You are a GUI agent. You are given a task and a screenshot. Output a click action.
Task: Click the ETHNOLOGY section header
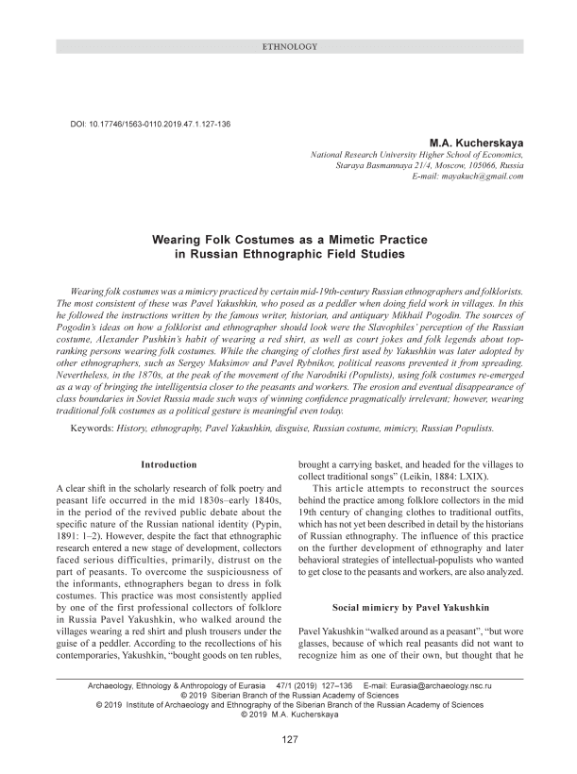coord(287,46)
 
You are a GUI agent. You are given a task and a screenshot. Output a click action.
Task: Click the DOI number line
coord(147,125)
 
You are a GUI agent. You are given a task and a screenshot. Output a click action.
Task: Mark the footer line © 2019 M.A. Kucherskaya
coord(289,715)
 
